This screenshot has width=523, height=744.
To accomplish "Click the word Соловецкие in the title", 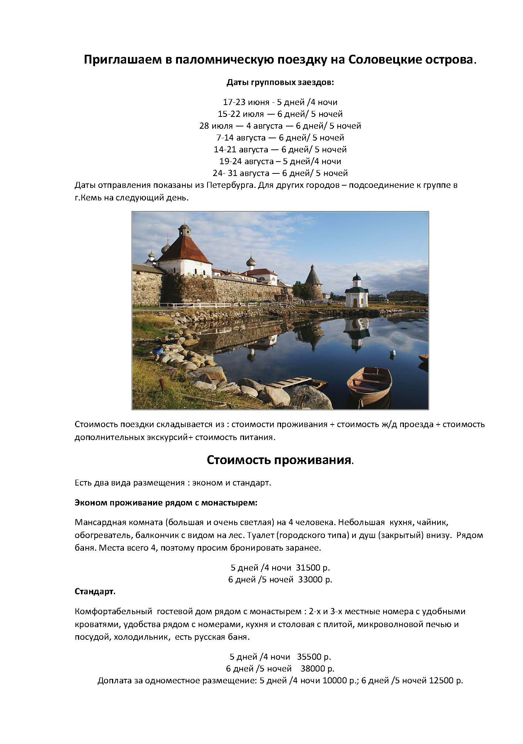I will pyautogui.click(x=385, y=60).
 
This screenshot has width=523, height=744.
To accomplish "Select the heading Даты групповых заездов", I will pyautogui.click(x=280, y=82).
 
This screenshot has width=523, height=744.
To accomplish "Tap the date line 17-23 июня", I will pyautogui.click(x=280, y=102).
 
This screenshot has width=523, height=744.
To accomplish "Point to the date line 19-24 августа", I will pyautogui.click(x=280, y=161).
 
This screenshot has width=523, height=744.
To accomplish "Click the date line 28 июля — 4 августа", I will pyautogui.click(x=280, y=126).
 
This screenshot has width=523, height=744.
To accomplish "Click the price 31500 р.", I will pyautogui.click(x=316, y=567).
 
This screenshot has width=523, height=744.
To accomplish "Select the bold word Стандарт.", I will pyautogui.click(x=95, y=591).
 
